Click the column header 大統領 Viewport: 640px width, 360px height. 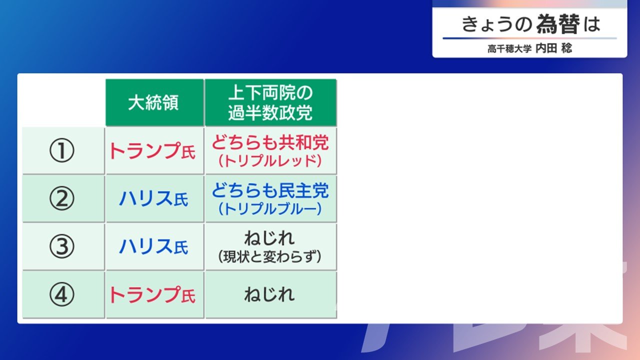pos(153,102)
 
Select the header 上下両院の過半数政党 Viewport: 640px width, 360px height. pos(270,102)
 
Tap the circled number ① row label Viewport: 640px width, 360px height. pos(61,150)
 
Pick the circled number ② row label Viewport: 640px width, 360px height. pos(61,198)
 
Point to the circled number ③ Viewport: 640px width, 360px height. pos(61,246)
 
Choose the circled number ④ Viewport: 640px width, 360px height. pos(61,294)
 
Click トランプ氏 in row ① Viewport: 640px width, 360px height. pos(152,151)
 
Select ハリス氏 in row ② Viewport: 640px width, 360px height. pos(153,198)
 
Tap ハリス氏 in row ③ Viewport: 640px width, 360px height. pos(153,246)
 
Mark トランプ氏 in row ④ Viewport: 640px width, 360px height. pos(152,295)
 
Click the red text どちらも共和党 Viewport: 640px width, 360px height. pos(270,142)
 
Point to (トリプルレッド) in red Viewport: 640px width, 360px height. pos(270,161)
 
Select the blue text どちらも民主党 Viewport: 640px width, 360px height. pos(270,190)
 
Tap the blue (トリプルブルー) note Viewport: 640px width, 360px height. pos(270,209)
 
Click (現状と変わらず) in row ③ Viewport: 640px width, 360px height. pos(269,256)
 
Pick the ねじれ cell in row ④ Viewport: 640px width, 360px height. pos(269,294)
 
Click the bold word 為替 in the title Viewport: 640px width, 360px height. pos(558,24)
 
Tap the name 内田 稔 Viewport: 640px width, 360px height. pos(553,48)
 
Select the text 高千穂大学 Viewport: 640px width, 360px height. pos(509,49)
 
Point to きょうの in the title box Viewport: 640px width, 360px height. pos(497,24)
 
